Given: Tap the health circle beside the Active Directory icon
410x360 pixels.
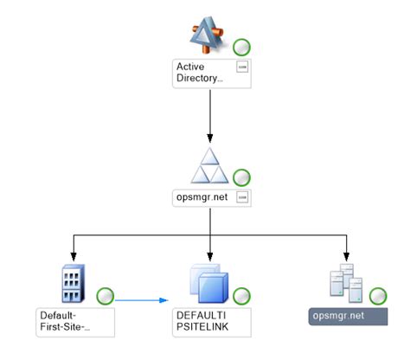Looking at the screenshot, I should point(242,47).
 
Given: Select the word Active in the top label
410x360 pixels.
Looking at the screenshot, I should point(191,66).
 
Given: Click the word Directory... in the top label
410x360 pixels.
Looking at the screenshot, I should point(199,78).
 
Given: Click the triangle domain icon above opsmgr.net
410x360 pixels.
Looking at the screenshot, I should point(210,165).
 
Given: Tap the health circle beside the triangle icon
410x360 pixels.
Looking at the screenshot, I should point(242,177).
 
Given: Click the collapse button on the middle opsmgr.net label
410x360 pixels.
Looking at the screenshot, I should point(243,197).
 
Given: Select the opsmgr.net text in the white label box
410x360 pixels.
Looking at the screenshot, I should point(202,197).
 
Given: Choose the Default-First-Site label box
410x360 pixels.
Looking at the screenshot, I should point(75,322).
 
